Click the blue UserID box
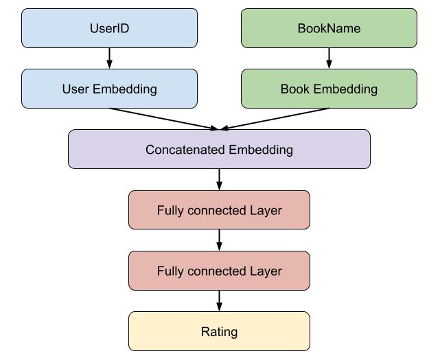click(109, 28)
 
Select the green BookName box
click(329, 28)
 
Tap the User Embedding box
click(109, 89)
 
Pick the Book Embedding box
click(329, 89)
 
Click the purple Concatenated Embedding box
click(219, 149)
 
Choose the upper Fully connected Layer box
click(219, 210)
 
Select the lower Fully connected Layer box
click(219, 271)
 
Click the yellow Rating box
click(219, 331)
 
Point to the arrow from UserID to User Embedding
click(109, 58)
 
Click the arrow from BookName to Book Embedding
click(329, 58)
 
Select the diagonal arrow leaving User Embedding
click(164, 119)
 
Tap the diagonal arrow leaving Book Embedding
click(275, 119)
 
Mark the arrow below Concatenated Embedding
click(219, 180)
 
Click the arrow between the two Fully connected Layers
click(219, 240)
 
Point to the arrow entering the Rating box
click(219, 301)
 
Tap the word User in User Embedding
click(76, 89)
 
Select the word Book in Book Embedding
click(295, 89)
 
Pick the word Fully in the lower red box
click(170, 271)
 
